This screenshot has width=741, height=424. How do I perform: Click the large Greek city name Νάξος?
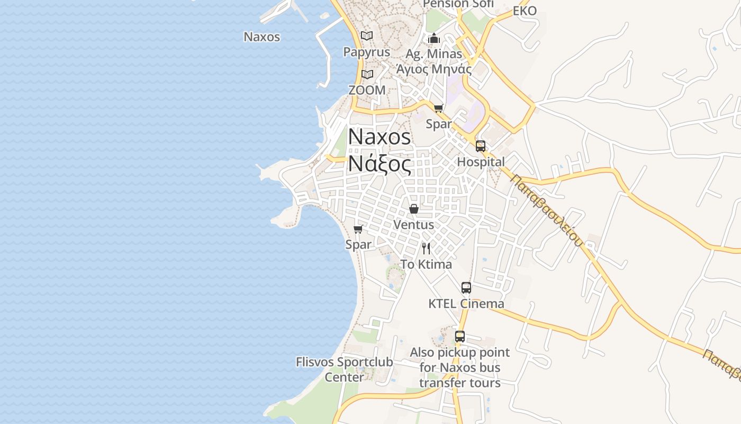point(379,164)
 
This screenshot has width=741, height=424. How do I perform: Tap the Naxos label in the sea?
point(261,37)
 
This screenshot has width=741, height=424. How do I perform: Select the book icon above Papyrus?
point(367,36)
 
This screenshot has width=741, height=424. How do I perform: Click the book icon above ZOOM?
point(367,75)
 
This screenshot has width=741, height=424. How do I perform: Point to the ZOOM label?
point(367,90)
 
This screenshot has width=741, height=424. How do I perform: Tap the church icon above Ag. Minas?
point(434,38)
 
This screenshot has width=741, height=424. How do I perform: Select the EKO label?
point(525,11)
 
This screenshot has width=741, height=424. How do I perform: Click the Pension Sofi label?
point(458,4)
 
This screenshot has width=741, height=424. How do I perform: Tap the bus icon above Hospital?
point(481,146)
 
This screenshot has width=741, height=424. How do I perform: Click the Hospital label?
point(481,162)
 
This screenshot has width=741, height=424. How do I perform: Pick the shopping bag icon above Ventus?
point(414,209)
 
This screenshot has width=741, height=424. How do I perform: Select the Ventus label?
point(413,225)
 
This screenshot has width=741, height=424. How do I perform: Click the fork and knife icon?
point(426,248)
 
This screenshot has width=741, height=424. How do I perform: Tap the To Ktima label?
point(426,264)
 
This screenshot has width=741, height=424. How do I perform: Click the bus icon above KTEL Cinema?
point(466,288)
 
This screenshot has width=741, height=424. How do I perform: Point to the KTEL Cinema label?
point(466,304)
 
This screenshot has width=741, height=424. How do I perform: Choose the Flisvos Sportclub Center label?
point(344,369)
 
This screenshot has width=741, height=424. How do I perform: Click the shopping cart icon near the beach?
point(358,229)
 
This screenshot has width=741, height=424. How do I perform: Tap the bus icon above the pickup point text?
point(460,337)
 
